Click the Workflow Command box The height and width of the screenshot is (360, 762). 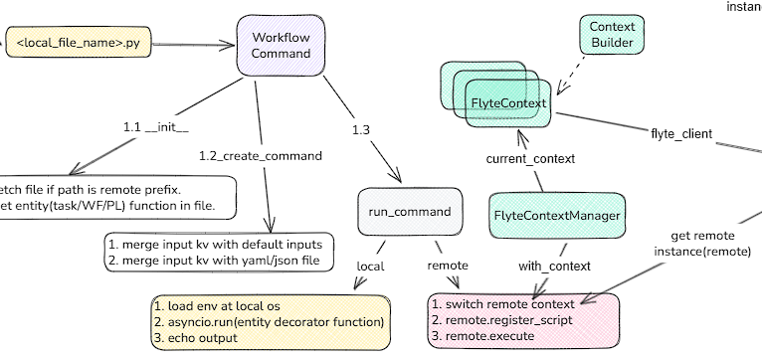click(x=282, y=45)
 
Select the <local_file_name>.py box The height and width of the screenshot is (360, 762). click(x=79, y=45)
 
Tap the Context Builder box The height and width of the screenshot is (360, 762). click(x=612, y=36)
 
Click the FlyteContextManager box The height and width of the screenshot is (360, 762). click(x=558, y=215)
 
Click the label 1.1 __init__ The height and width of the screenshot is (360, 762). click(x=156, y=128)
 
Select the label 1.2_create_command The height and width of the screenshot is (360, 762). click(x=261, y=156)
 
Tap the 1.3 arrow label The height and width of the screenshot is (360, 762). click(x=360, y=129)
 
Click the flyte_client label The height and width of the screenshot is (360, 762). click(x=681, y=132)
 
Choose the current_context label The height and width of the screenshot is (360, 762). click(x=530, y=158)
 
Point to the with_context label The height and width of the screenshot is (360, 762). click(x=555, y=266)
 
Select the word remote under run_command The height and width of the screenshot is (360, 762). click(x=448, y=266)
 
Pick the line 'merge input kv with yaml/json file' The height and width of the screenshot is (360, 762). click(x=221, y=261)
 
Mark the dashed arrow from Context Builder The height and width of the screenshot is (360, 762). click(x=574, y=73)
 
